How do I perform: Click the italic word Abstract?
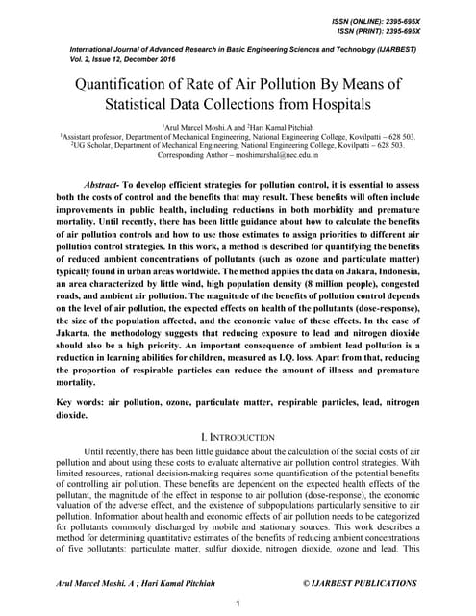click(101, 181)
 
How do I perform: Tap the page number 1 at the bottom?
click(238, 602)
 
